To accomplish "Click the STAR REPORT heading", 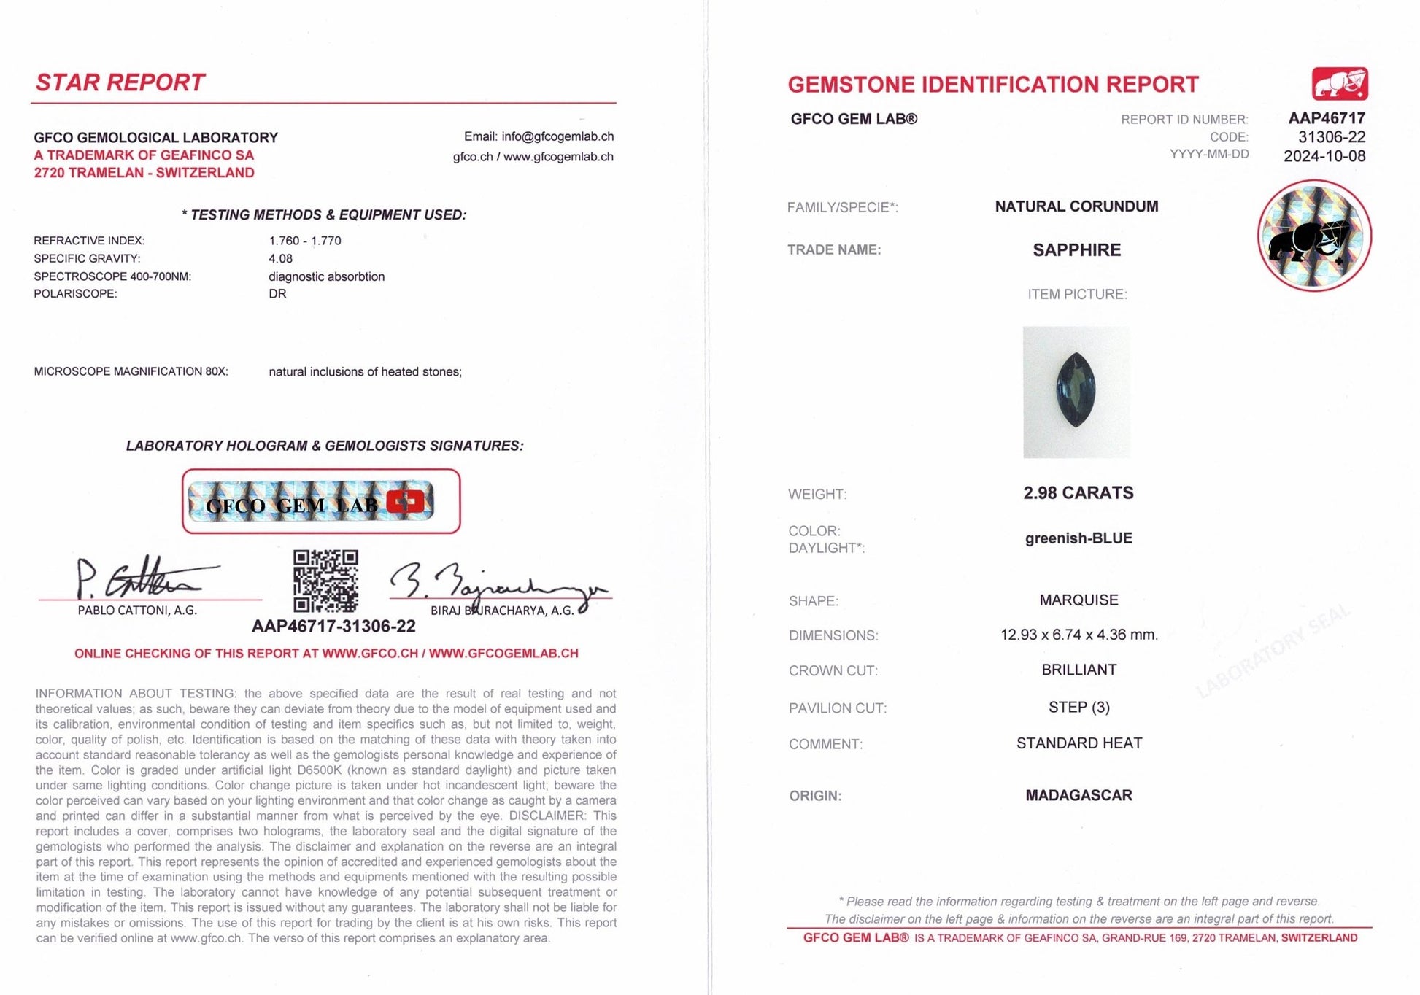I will click(x=120, y=82).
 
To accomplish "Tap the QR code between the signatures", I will click(x=325, y=581).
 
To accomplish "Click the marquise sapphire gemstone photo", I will click(x=1076, y=392).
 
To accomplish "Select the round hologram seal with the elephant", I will click(x=1314, y=236).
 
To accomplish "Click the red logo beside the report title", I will click(x=1339, y=84).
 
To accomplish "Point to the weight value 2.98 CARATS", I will click(x=1078, y=493).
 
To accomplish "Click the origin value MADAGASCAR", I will click(x=1078, y=795).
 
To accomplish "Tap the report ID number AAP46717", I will click(x=1326, y=118).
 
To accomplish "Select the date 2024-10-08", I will click(x=1324, y=156).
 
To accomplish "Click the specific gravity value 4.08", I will click(x=280, y=258).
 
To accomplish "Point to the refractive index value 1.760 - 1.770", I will click(x=304, y=241).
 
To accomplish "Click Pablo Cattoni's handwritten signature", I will click(x=139, y=579).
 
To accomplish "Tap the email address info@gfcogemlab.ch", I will click(x=557, y=136).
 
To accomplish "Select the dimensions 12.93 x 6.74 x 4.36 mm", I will click(x=1078, y=635).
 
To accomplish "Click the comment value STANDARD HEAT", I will click(x=1078, y=743).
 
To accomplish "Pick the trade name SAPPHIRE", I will click(x=1076, y=250).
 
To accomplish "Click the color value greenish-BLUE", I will click(x=1078, y=538).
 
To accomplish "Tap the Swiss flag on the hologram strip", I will click(x=406, y=502).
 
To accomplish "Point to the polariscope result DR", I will click(x=277, y=294).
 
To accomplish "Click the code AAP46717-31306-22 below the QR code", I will click(x=333, y=626).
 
